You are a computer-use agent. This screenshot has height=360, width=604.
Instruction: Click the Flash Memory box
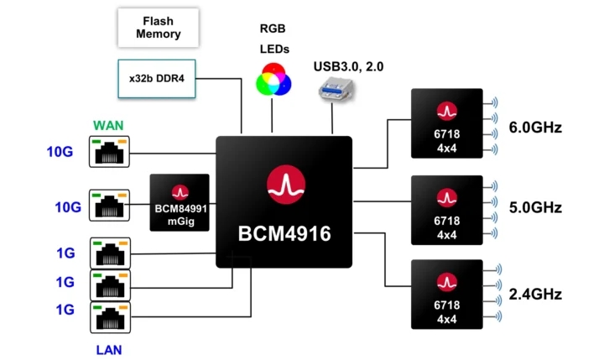[x=159, y=29]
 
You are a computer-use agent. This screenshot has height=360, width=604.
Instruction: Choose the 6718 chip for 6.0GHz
[x=446, y=124]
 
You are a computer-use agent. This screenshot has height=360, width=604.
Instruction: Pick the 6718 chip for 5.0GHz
[x=446, y=210]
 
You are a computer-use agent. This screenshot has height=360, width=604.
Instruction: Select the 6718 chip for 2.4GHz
[x=446, y=294]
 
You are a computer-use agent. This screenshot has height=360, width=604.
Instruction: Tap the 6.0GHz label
[x=535, y=128]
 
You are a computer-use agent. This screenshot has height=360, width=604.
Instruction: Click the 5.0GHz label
[x=535, y=207]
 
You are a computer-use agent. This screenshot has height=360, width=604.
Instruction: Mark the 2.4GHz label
[x=535, y=295]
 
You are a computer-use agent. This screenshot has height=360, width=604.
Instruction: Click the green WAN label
[x=109, y=125]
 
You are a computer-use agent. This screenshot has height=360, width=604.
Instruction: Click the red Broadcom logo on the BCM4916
[x=284, y=184]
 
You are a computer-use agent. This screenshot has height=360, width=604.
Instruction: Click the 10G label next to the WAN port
[x=60, y=153]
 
